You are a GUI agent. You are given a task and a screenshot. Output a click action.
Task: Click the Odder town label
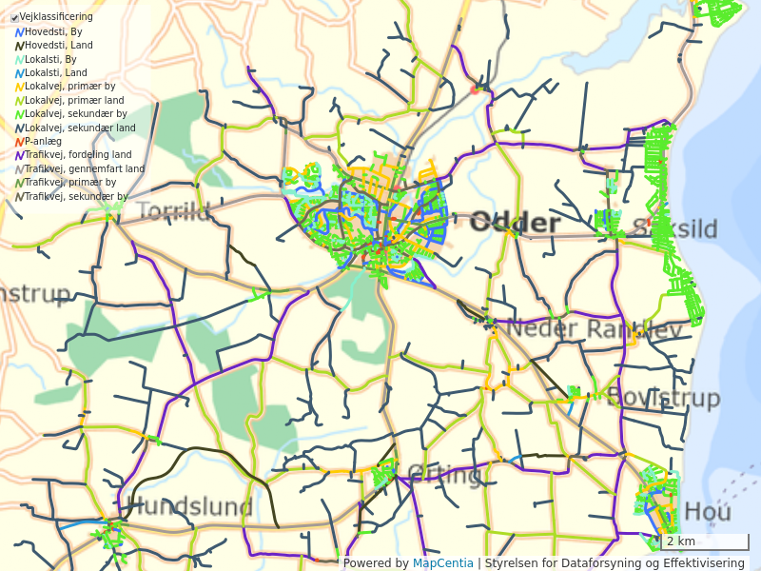515,224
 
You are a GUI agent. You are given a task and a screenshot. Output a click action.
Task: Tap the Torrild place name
174,210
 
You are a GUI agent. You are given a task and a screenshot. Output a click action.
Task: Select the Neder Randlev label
595,329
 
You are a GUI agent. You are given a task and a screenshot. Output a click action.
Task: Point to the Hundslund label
189,506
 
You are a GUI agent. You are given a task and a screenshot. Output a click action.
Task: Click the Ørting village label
444,473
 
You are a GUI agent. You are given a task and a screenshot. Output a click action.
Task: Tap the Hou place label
708,512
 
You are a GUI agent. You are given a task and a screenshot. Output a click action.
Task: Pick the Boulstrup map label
662,397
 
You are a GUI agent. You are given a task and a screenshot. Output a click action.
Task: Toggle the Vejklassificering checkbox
15,17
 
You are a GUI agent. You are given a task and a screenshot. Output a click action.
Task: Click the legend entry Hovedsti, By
53,31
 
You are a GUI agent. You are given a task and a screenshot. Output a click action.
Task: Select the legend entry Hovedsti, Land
58,45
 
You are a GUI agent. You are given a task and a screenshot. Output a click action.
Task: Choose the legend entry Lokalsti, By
50,59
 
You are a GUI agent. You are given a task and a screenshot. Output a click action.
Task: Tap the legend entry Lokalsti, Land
55,72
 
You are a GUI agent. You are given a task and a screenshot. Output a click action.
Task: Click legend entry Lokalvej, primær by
69,87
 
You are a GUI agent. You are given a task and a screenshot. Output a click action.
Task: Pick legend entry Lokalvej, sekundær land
80,128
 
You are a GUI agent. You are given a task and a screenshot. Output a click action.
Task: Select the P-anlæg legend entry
43,141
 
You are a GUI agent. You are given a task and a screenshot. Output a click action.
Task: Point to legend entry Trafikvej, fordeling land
78,155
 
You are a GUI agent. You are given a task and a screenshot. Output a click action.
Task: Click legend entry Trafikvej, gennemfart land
85,168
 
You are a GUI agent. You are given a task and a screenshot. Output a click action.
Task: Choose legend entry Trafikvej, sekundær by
76,196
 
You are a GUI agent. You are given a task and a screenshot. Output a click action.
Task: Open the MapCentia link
442,563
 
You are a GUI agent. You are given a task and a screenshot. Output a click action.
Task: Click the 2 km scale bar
704,542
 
